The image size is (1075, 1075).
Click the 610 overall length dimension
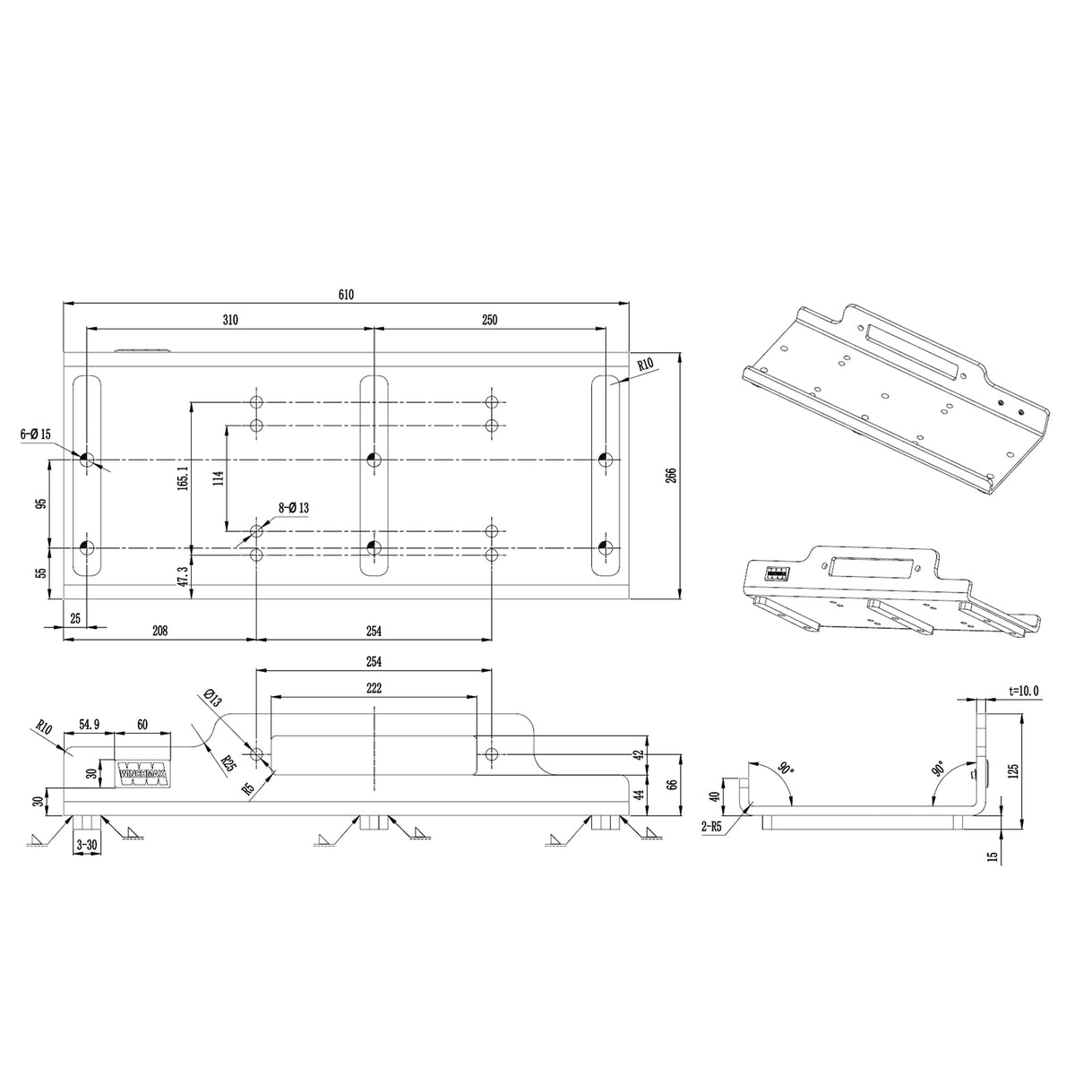pos(346,294)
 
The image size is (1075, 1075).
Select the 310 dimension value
pos(230,320)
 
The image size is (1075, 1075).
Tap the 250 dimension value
pos(489,320)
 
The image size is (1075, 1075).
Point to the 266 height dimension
pos(671,475)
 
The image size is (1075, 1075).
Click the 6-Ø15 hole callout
pos(36,434)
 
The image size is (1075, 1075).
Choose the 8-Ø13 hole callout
pos(294,508)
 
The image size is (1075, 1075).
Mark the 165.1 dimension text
pos(183,478)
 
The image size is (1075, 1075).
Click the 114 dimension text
pos(218,478)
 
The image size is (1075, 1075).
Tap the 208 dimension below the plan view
pos(159,631)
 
